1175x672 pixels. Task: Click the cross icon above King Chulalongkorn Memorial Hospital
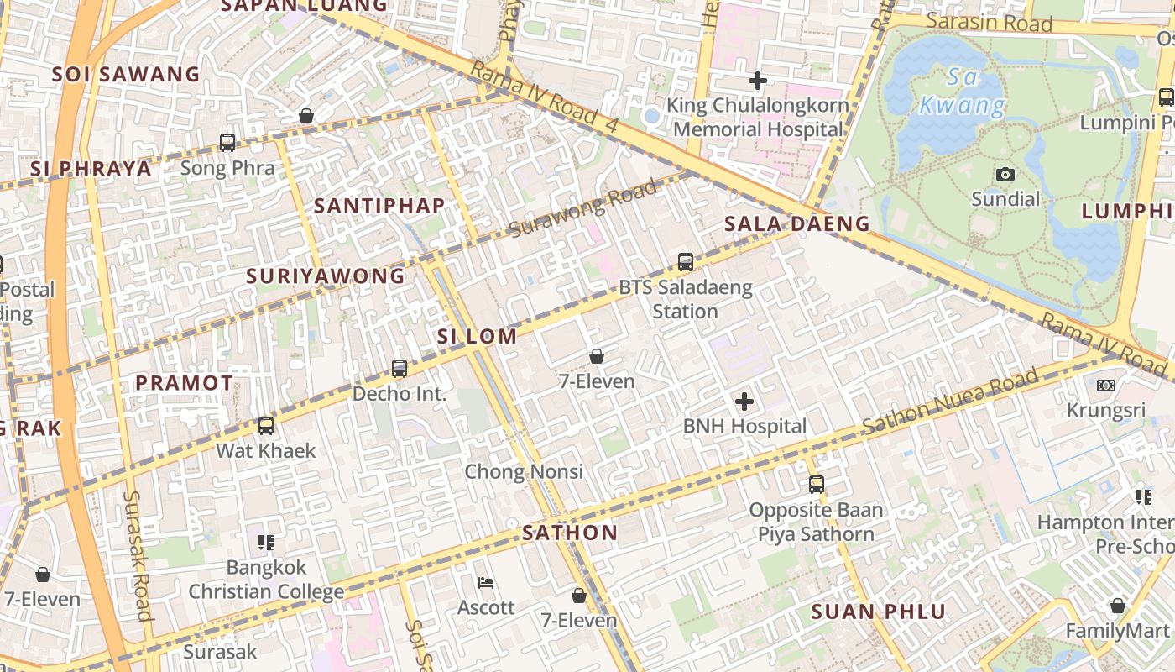tap(758, 81)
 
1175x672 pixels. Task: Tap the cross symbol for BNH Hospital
tap(744, 402)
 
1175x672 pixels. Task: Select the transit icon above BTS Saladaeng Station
tap(686, 262)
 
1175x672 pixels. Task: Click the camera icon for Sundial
tap(1005, 175)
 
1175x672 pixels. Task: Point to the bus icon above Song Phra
tap(227, 143)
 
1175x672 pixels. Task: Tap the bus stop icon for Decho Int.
tap(399, 369)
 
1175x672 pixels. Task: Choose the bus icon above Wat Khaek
tap(266, 426)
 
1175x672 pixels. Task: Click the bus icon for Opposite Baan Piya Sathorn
tap(817, 485)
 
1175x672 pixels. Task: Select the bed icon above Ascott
tap(486, 583)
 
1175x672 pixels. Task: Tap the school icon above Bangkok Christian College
tap(266, 543)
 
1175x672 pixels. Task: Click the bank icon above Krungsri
tap(1106, 386)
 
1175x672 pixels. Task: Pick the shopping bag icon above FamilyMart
tap(1117, 606)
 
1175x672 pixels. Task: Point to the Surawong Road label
tap(583, 209)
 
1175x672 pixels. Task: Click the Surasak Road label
tap(136, 555)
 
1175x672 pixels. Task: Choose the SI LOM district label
tap(477, 337)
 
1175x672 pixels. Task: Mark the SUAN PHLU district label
tap(879, 612)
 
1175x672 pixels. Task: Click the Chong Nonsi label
tap(524, 471)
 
